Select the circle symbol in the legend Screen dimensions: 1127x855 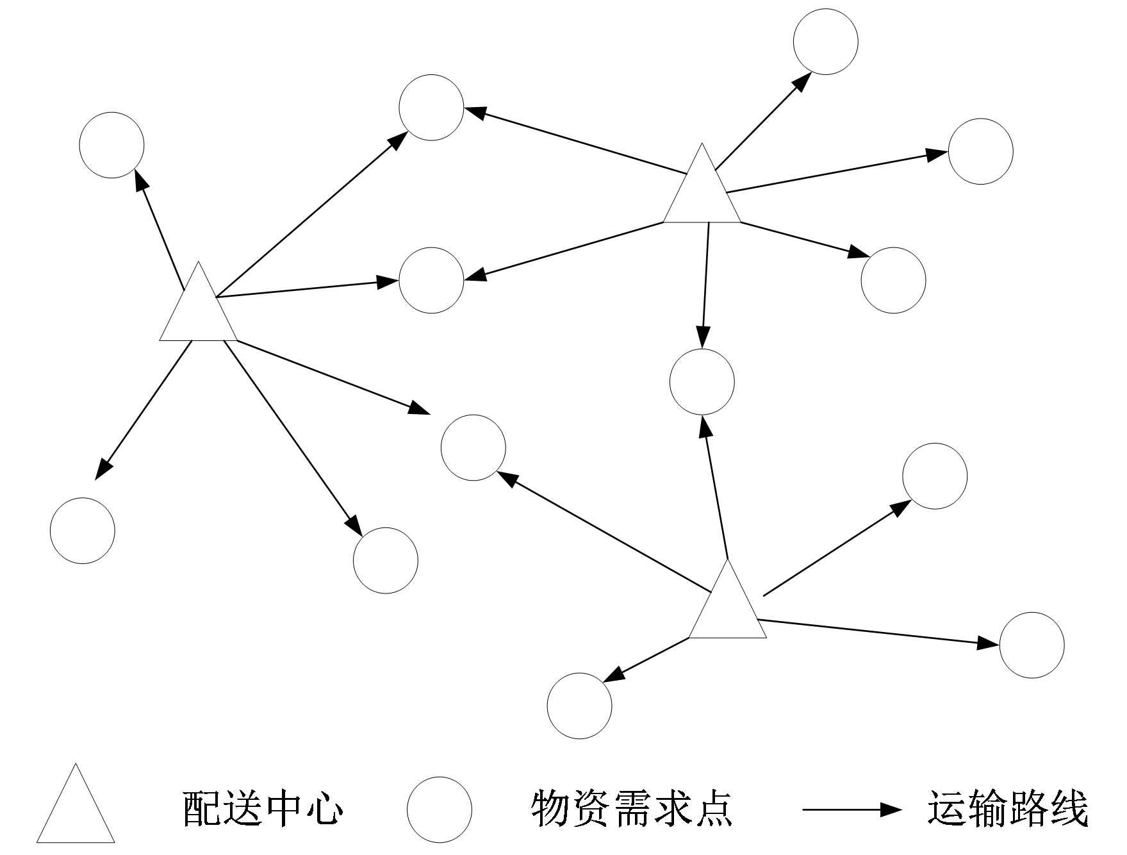[439, 809]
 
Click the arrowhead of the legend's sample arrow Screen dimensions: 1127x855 [891, 809]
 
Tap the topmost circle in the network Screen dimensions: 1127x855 [825, 42]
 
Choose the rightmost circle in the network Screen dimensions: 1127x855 [1032, 645]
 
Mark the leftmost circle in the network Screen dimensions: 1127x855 [83, 531]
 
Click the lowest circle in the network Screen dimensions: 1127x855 [579, 706]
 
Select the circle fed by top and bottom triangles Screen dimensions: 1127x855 [702, 382]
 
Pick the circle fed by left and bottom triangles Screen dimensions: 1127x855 [473, 447]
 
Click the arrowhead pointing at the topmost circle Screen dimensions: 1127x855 [802, 82]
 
